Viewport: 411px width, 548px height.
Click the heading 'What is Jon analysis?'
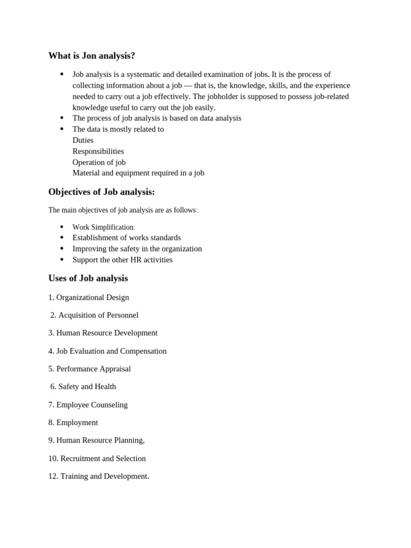[92, 56]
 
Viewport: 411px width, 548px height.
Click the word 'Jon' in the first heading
[89, 56]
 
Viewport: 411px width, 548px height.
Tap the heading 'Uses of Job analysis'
[88, 278]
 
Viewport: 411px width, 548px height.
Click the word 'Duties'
[83, 140]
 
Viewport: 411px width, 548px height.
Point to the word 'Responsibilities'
[98, 151]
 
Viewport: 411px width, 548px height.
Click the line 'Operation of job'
[99, 162]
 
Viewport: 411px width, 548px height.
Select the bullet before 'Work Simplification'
[62, 227]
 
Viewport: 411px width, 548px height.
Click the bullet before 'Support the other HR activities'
[62, 260]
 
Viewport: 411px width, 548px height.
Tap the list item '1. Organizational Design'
[88, 297]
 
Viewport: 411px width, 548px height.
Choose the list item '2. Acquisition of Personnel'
[94, 315]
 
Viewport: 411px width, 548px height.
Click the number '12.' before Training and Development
[53, 476]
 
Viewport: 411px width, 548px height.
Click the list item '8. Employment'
[73, 422]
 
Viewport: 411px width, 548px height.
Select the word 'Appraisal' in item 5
[114, 369]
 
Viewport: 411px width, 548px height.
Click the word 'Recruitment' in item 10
[80, 458]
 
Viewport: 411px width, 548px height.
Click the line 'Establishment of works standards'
[126, 238]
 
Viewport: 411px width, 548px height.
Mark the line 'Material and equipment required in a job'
[138, 173]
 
